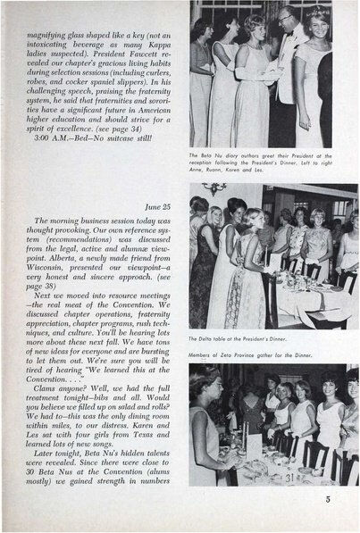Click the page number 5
coord(328,499)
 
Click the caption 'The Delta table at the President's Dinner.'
coord(242,340)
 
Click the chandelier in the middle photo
coord(214,187)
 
